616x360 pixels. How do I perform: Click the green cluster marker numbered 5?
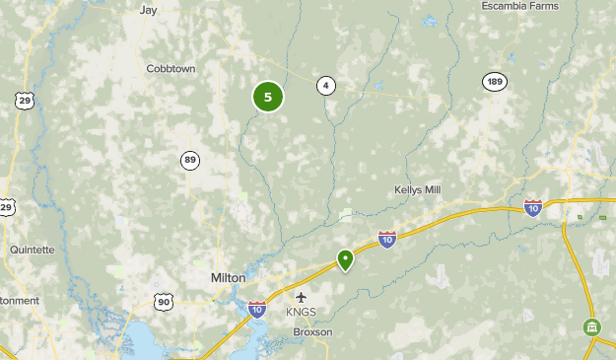click(x=268, y=97)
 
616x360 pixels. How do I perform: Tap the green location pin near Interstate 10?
click(x=345, y=259)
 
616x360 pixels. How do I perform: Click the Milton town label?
click(x=228, y=278)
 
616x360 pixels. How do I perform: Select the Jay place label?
click(x=149, y=10)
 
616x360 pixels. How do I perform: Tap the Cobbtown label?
click(x=171, y=69)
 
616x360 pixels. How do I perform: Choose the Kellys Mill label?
click(x=418, y=189)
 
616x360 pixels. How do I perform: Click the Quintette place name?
click(x=33, y=250)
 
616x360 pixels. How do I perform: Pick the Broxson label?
click(x=312, y=332)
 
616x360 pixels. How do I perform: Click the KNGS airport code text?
click(x=302, y=313)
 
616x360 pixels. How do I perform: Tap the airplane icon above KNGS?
click(x=302, y=297)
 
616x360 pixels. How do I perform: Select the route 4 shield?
click(x=325, y=85)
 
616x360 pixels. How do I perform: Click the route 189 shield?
click(x=495, y=82)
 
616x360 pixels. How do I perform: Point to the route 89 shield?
click(x=190, y=160)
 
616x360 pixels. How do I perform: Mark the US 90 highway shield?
click(x=164, y=302)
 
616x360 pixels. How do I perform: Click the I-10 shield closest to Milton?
click(x=257, y=309)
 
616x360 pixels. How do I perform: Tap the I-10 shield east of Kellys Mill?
click(x=533, y=207)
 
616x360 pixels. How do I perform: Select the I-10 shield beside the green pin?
click(x=387, y=240)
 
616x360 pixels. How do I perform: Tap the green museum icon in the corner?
click(x=591, y=326)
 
